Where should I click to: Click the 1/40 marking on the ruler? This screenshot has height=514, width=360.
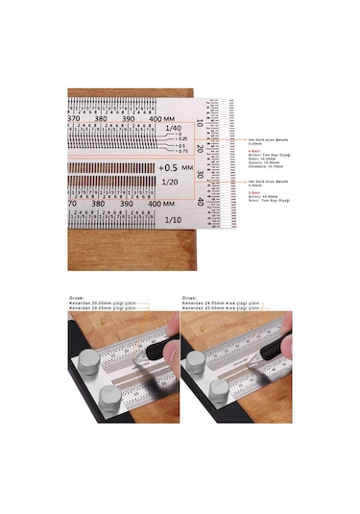click(172, 129)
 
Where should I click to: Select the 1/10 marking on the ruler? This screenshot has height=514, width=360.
click(172, 220)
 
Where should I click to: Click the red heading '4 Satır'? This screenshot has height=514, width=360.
click(254, 151)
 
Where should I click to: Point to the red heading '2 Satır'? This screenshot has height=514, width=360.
click(254, 191)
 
